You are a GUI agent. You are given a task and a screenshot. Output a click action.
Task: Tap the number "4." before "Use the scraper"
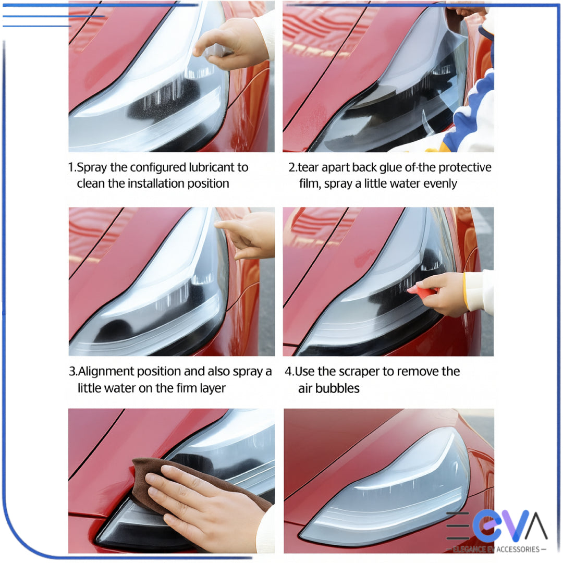[289, 372]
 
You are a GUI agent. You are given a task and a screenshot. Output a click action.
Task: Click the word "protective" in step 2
[464, 168]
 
